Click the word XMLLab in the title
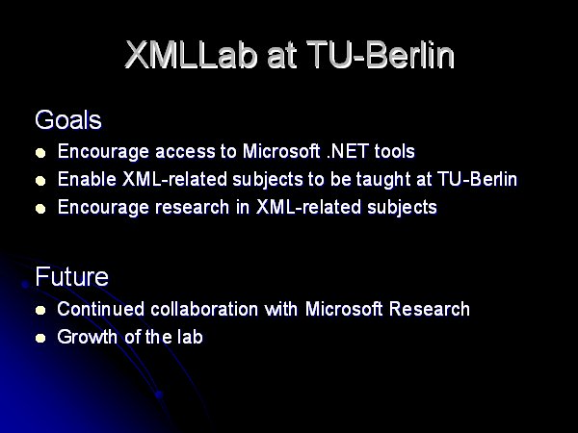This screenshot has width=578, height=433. tap(191, 55)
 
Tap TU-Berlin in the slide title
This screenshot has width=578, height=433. tap(381, 55)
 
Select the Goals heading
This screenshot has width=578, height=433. tap(68, 119)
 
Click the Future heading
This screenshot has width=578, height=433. tap(72, 276)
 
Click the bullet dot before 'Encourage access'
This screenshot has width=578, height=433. tap(40, 153)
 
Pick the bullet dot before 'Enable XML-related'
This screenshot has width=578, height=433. tap(40, 181)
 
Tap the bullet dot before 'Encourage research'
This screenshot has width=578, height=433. tap(40, 209)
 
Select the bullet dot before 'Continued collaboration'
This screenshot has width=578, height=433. tap(40, 310)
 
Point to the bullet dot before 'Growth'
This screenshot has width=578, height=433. tap(40, 338)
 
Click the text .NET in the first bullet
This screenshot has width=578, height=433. tap(348, 151)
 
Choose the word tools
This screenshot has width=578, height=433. tap(394, 151)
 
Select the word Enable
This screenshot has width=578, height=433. tap(87, 179)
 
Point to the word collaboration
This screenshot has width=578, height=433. tap(204, 309)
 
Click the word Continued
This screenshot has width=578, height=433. tap(100, 309)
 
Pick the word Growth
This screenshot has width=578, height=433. tap(87, 337)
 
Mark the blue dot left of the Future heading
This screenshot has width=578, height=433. tap(25, 284)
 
